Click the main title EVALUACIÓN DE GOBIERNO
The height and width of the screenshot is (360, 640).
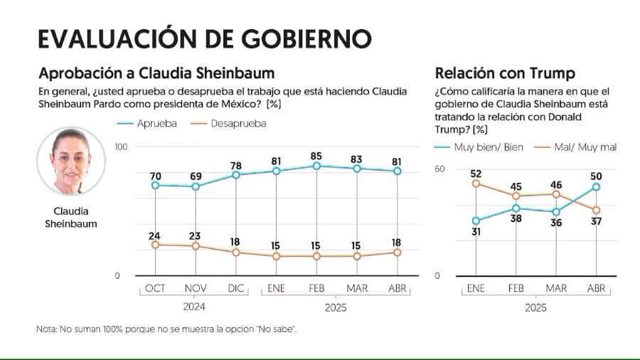(204, 38)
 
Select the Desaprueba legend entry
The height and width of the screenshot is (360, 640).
(229, 123)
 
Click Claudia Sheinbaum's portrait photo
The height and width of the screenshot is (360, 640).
(71, 162)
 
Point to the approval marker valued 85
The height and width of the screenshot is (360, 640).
(317, 166)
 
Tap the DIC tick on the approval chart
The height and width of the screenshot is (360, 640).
(235, 289)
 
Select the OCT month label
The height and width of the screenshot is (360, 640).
(155, 289)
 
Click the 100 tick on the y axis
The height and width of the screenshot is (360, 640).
(121, 147)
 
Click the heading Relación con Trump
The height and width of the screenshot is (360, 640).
(505, 73)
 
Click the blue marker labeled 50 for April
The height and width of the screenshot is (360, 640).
(596, 187)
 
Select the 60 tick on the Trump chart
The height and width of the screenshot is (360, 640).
(439, 169)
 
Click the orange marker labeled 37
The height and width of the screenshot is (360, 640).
(596, 210)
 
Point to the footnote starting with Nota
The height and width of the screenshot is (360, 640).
(166, 329)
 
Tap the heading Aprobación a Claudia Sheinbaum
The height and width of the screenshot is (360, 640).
(156, 73)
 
